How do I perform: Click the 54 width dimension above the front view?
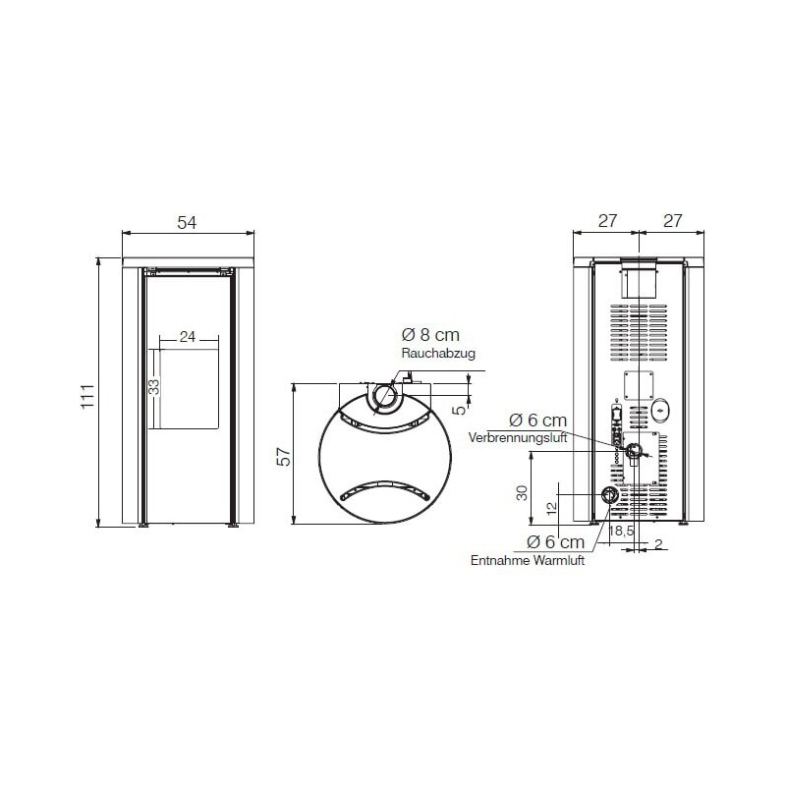point(187,223)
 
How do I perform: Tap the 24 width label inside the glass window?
point(188,337)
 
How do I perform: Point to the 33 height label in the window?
point(153,386)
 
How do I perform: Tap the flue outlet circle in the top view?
point(386,399)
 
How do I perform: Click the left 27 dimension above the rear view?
point(607,222)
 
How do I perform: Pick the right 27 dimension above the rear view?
point(672,222)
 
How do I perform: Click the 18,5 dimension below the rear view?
point(620,532)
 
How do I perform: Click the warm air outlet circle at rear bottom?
point(610,495)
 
